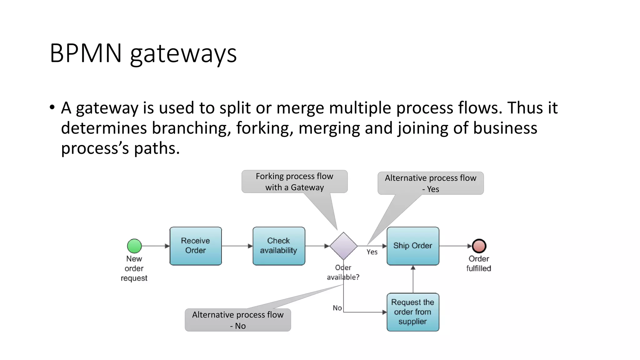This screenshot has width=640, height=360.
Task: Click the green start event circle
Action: [134, 246]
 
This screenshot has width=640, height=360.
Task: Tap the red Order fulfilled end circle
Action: [479, 246]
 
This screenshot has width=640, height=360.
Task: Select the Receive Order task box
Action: [196, 246]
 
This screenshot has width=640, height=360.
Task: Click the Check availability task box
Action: [279, 246]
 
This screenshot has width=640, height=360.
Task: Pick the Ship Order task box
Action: [413, 246]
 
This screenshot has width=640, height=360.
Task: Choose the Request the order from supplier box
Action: [413, 312]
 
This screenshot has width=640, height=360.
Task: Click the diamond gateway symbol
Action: [343, 246]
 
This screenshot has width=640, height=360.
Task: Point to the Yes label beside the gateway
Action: [372, 252]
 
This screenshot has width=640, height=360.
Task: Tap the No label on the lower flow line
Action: [337, 308]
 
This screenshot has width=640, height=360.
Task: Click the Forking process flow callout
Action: [294, 182]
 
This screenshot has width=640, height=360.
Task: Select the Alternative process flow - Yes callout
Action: [430, 183]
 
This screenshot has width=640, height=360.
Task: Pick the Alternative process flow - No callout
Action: [238, 320]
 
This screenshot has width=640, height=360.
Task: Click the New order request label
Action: [134, 268]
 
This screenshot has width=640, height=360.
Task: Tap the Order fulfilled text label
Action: [478, 263]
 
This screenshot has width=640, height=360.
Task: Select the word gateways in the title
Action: [183, 54]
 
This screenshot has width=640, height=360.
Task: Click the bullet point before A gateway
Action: [52, 107]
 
